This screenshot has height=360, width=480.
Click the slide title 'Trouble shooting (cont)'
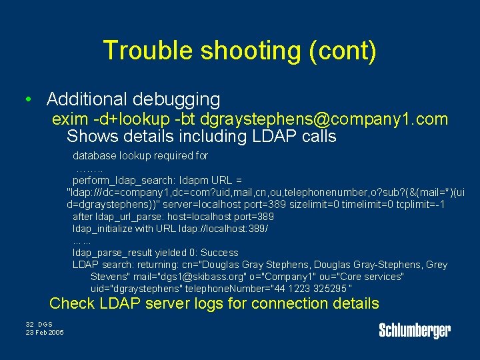click(x=240, y=51)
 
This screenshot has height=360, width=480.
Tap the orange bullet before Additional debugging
click(x=26, y=100)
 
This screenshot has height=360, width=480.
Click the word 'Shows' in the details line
click(x=91, y=137)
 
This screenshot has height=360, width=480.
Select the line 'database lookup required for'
click(x=140, y=156)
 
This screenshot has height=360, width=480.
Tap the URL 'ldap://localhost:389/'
click(x=224, y=229)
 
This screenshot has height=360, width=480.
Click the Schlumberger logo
click(x=415, y=330)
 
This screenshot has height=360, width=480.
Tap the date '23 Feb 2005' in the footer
click(x=45, y=332)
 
